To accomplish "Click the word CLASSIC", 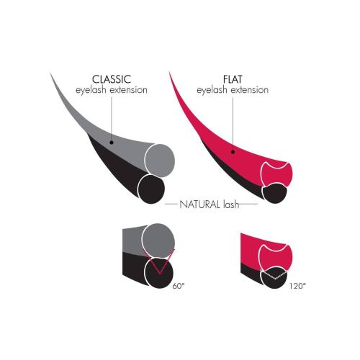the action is click(x=112, y=79).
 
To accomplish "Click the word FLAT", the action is click(x=233, y=79).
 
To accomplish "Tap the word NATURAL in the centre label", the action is click(x=200, y=204).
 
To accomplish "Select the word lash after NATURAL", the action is click(x=231, y=204).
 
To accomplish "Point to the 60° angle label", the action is click(x=179, y=286).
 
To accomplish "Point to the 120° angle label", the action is click(x=297, y=286).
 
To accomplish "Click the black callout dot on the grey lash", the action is click(x=112, y=143).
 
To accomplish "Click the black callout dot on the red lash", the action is click(x=233, y=152).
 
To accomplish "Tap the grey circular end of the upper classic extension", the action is click(x=160, y=161).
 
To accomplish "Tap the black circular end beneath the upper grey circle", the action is click(x=151, y=189).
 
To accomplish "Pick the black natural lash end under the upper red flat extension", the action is click(x=275, y=193).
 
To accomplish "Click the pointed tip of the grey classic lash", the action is click(x=50, y=73).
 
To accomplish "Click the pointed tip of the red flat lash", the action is click(x=169, y=72).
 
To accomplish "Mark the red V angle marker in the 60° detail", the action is click(x=159, y=261).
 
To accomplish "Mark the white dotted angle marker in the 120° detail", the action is click(x=274, y=276).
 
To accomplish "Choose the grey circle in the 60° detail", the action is click(x=158, y=240).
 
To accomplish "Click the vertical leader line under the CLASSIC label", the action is click(x=112, y=119).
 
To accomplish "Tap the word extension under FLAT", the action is click(x=250, y=90).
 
